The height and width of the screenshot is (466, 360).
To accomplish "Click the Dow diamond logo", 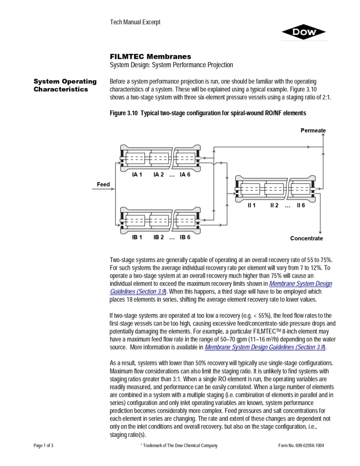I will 304,32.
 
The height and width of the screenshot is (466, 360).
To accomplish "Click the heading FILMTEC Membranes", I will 150,56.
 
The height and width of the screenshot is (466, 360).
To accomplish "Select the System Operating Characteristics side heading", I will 65,85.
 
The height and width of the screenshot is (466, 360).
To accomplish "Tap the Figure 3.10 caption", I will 208,112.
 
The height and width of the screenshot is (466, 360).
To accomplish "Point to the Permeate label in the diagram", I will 313,131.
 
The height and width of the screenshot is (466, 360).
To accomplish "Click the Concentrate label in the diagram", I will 306,238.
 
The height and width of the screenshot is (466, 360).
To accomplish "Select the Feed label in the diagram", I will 103,184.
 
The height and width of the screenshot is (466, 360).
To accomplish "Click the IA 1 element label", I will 137,174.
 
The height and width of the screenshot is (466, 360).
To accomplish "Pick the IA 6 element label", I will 185,174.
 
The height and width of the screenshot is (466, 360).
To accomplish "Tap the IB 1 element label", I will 137,237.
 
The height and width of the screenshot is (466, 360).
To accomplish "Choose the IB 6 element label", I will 185,237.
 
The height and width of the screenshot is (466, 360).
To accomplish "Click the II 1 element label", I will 251,205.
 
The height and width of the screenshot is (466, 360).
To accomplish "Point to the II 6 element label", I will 301,205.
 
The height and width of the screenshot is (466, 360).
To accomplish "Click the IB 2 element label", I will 159,237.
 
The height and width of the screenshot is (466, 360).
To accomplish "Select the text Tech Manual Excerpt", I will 135,22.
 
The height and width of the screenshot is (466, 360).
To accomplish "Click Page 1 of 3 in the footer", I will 44,446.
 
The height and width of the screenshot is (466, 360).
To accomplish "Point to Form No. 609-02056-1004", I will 301,446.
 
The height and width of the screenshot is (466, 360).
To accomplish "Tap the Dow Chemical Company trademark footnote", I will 179,446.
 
